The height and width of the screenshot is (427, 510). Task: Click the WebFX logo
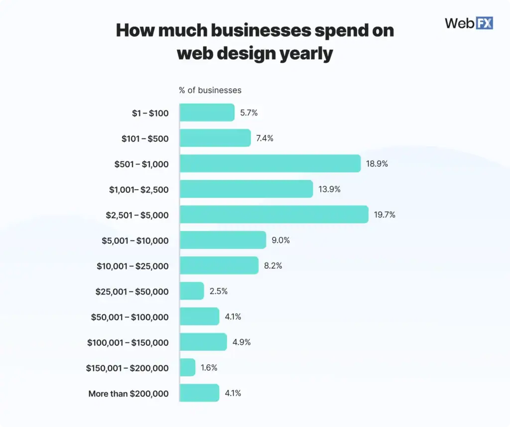[468, 22]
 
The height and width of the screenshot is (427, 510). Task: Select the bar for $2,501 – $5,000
[274, 214]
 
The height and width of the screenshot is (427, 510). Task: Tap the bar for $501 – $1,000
[270, 163]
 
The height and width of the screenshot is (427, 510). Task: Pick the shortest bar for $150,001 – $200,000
[187, 368]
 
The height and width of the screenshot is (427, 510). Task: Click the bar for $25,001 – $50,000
[192, 291]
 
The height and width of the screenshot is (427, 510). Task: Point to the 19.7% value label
[384, 215]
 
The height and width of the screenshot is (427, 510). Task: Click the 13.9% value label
[329, 189]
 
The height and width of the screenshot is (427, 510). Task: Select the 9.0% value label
[281, 240]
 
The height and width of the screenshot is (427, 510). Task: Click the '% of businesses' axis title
[210, 90]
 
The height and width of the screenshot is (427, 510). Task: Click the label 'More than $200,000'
[128, 394]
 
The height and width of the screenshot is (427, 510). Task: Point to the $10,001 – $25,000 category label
[132, 266]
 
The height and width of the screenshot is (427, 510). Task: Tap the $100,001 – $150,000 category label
[128, 342]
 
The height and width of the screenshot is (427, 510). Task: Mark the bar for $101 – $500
[215, 138]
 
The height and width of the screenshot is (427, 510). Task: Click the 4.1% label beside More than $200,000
[233, 393]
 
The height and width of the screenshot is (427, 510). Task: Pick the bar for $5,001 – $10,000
[223, 240]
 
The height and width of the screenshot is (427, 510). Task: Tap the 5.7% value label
[249, 112]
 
